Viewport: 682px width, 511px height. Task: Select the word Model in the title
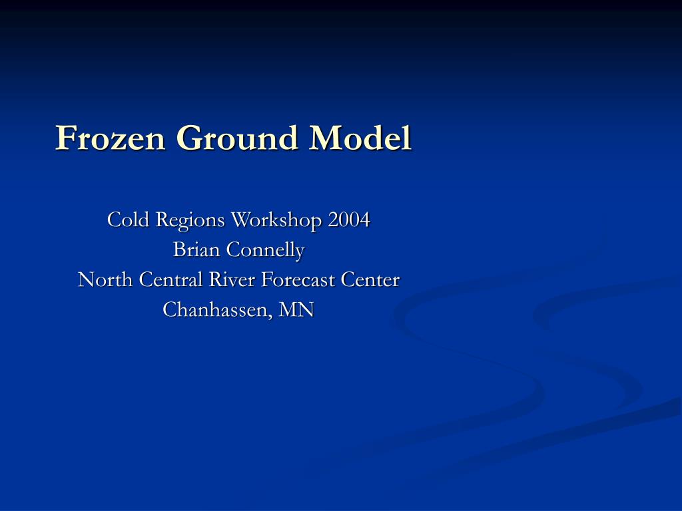click(x=360, y=138)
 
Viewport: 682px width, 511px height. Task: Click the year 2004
click(x=348, y=219)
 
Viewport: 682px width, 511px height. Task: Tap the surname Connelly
click(x=266, y=250)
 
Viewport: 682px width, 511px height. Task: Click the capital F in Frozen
click(x=64, y=138)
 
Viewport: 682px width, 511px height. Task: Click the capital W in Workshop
click(x=240, y=219)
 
